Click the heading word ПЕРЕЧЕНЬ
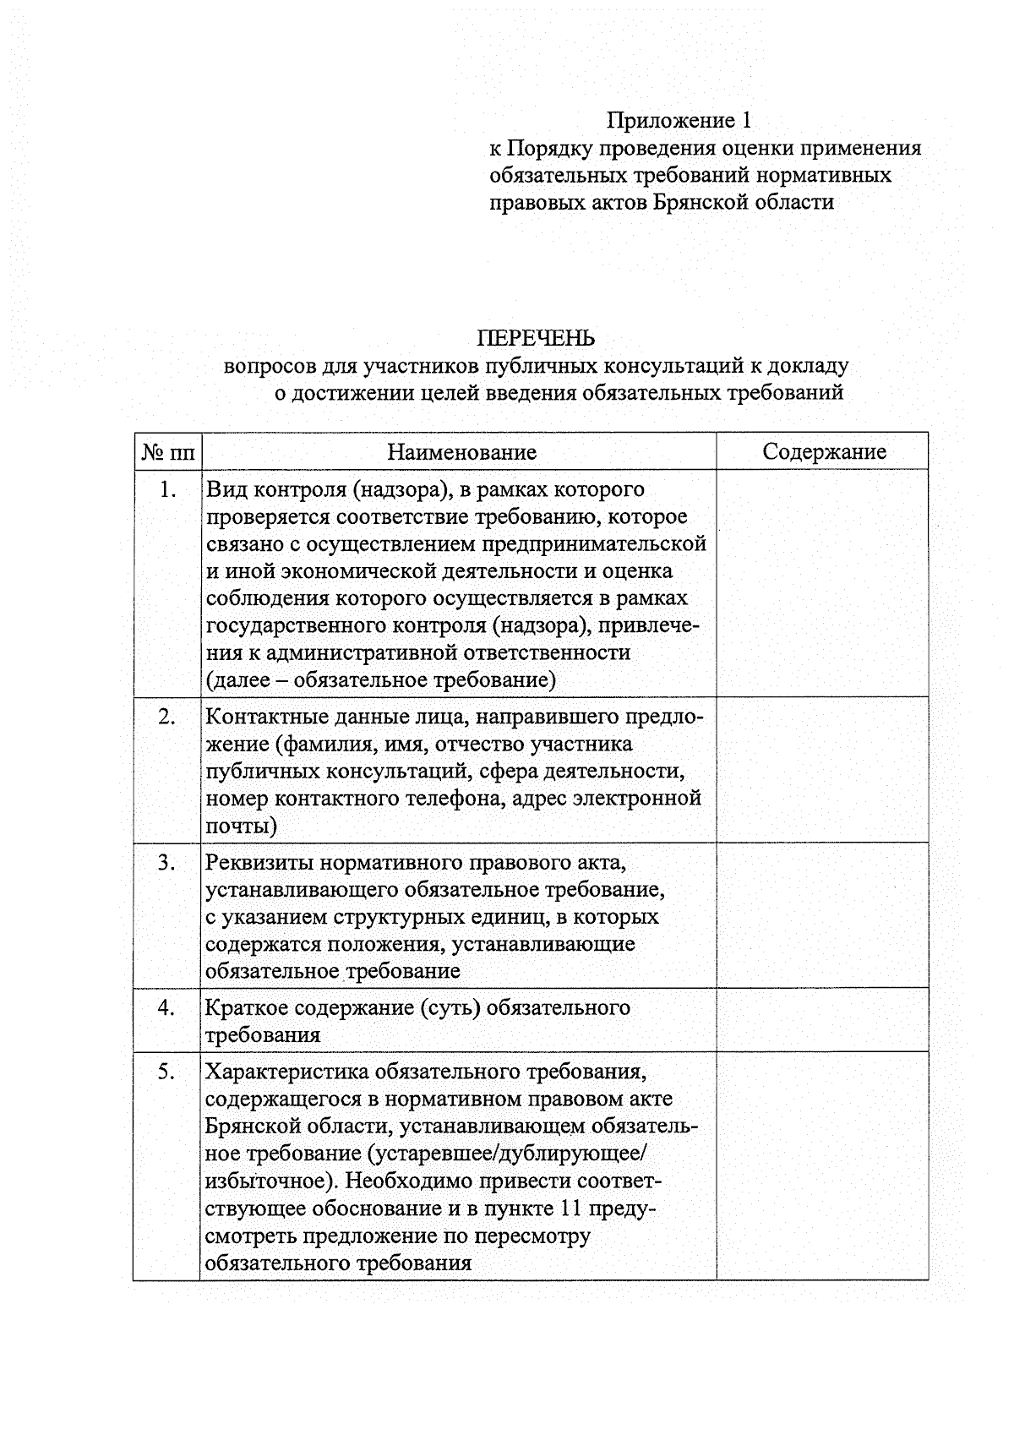(536, 338)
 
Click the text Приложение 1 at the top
(679, 121)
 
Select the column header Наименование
(461, 452)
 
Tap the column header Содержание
(824, 451)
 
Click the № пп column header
(167, 453)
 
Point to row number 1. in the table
(167, 489)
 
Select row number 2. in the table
(167, 717)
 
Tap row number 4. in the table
(167, 1007)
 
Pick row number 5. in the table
(167, 1072)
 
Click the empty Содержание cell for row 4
(821, 1020)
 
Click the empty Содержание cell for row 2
(821, 769)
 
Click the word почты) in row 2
(241, 826)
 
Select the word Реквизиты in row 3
(259, 863)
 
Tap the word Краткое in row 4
(246, 1008)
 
